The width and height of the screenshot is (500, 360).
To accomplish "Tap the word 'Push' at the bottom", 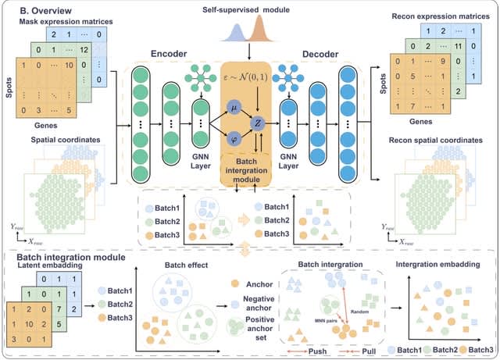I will point(306,350).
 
